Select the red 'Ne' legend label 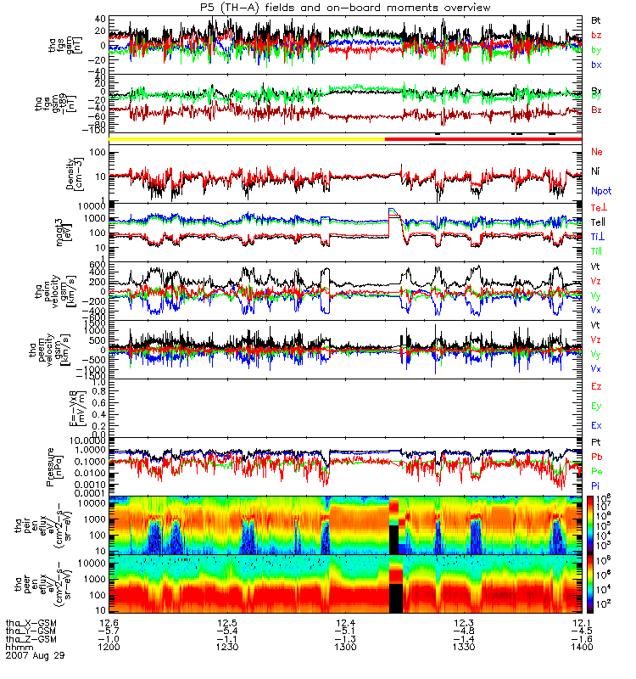click(597, 151)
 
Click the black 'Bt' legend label click(596, 19)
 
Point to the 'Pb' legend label click(597, 457)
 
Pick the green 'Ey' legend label click(597, 406)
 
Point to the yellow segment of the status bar click(247, 137)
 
